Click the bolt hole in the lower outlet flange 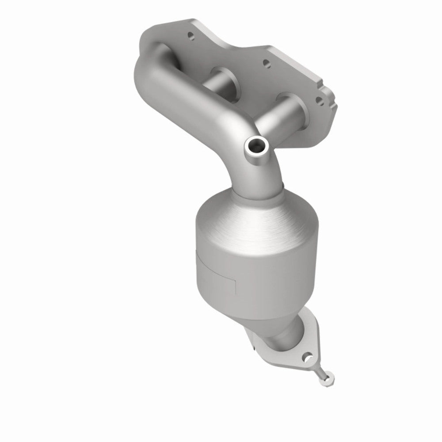click(x=308, y=355)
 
